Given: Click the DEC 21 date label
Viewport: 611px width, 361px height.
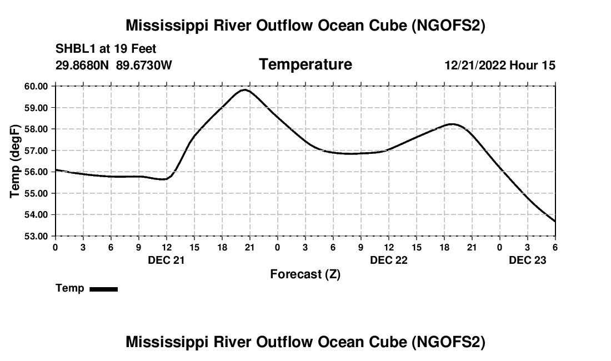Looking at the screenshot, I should coord(166,260).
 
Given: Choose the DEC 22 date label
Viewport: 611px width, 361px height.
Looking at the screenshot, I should coord(389,260).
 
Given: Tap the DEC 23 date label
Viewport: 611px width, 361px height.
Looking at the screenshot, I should coord(528,260).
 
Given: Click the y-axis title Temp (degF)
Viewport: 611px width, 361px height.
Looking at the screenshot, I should coord(16,161).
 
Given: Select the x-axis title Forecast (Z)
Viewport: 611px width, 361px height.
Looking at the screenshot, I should coord(305,274).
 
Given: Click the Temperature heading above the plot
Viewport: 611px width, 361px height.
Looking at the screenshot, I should coord(305,64).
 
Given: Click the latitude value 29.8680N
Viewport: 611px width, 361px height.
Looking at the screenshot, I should coord(83,65).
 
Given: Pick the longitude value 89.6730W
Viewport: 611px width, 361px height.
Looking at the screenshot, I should coord(144,65).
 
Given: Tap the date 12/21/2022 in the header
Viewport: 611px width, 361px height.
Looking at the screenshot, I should coord(475,65).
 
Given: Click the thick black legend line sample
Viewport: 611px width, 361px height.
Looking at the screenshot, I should coord(103,289).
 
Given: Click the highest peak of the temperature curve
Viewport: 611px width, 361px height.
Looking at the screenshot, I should coord(245,89).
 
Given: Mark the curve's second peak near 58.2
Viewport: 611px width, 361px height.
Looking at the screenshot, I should coord(453,124).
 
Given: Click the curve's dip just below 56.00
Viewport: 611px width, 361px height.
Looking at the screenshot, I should coord(164,179).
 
